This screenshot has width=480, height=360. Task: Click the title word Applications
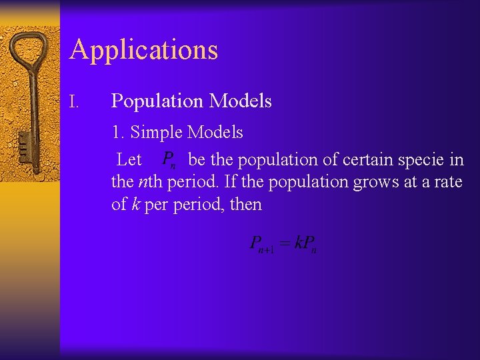pyautogui.click(x=143, y=50)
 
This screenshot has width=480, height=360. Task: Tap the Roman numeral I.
pyautogui.click(x=75, y=102)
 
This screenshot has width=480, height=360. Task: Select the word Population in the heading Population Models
pyautogui.click(x=157, y=101)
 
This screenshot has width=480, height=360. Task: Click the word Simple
pyautogui.click(x=157, y=133)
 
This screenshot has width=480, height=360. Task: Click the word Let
pyautogui.click(x=129, y=160)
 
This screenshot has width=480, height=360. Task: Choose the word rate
pyautogui.click(x=446, y=182)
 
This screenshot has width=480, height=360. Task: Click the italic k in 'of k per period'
pyautogui.click(x=135, y=204)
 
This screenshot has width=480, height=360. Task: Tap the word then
pyautogui.click(x=245, y=204)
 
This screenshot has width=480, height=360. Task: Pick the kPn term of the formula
pyautogui.click(x=305, y=245)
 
